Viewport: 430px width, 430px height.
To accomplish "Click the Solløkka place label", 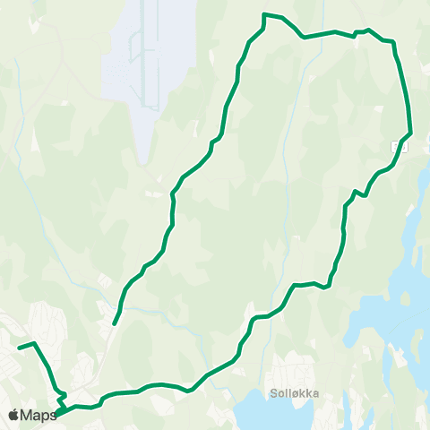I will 295,391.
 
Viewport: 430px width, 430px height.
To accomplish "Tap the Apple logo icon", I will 13,415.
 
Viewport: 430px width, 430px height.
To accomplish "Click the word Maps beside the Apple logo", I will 39,415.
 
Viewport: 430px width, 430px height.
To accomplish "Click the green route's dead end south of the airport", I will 115,323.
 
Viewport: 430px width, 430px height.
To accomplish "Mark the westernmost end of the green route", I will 18,346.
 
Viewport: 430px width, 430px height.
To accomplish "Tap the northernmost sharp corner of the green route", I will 263,14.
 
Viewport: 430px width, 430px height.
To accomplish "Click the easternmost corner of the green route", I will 410,133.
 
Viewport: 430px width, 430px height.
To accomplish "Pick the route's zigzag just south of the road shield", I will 360,192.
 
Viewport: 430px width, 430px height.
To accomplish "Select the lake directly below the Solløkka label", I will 269,414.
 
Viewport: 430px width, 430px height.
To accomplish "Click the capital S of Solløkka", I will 272,391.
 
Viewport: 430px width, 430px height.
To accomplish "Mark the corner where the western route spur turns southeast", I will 34,343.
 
